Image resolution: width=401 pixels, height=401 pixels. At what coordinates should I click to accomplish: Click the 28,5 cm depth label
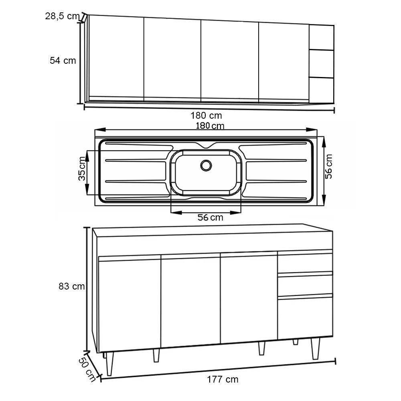click(63, 16)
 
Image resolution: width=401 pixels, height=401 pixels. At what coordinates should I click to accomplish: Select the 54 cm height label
click(63, 61)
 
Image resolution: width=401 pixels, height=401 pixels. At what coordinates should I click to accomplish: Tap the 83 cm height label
click(72, 286)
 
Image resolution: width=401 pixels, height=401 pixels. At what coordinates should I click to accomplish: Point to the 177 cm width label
click(223, 379)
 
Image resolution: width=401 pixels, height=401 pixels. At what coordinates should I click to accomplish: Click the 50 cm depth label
click(87, 370)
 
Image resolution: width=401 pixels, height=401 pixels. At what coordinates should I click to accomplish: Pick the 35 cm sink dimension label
click(82, 168)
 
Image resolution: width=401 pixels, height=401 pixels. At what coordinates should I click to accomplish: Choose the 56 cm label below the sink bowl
click(210, 217)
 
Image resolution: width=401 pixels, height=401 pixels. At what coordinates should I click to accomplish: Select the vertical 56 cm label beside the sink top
click(329, 166)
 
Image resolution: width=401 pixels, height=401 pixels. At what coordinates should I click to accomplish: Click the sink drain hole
click(206, 166)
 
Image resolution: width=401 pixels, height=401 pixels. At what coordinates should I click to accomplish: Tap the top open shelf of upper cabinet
click(322, 38)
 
